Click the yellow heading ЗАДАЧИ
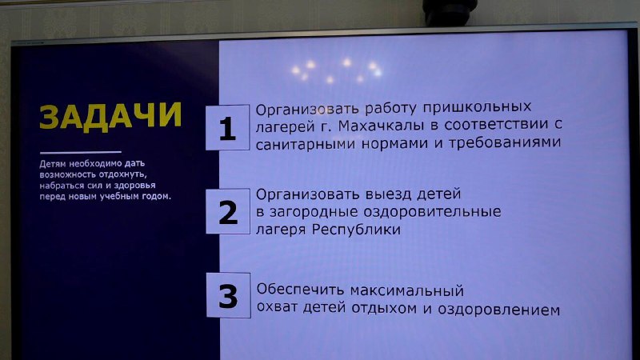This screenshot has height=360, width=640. click(x=110, y=117)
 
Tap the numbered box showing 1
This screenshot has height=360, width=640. click(x=227, y=127)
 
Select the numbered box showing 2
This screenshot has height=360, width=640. click(x=228, y=211)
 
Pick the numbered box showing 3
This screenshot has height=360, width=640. click(x=228, y=295)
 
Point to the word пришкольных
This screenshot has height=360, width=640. click(x=477, y=108)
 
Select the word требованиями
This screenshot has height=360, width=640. click(x=505, y=143)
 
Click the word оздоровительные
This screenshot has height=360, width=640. click(x=432, y=212)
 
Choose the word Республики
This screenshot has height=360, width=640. click(x=356, y=230)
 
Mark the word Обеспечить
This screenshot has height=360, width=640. click(x=301, y=290)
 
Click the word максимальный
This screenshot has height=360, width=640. click(x=407, y=291)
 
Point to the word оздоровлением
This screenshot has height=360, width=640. click(x=498, y=310)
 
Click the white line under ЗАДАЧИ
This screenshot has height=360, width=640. click(x=81, y=152)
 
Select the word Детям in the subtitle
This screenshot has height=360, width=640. click(x=53, y=164)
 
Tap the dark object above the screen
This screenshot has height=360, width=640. click(x=450, y=11)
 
